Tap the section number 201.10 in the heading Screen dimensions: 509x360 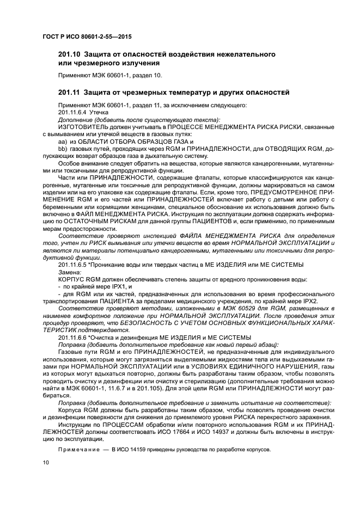pyautogui.click(x=69, y=54)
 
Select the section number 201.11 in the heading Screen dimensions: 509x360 pyautogui.click(x=69, y=90)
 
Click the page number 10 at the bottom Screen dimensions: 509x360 pyautogui.click(x=46, y=462)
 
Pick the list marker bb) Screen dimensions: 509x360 pyautogui.click(x=62, y=148)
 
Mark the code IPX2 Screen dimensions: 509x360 pyautogui.click(x=309, y=300)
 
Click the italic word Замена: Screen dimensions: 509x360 pyautogui.click(x=70, y=271)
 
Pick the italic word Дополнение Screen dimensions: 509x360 pyautogui.click(x=76, y=119)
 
